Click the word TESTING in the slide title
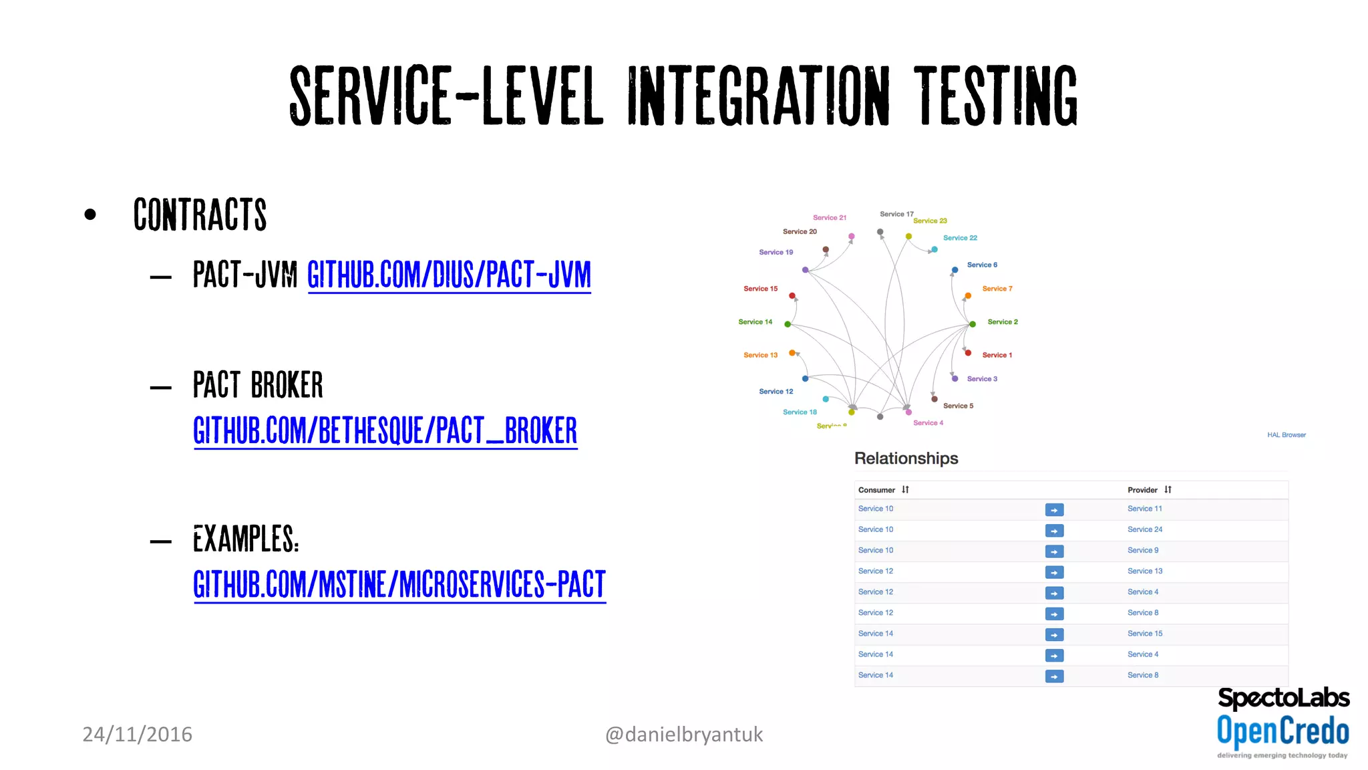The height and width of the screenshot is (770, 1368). click(x=995, y=96)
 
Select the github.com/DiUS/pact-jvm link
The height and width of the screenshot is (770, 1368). click(x=449, y=275)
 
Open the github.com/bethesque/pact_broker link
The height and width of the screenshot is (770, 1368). click(x=385, y=430)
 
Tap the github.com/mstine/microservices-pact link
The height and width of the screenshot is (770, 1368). click(x=399, y=584)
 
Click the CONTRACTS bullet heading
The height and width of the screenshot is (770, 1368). click(x=200, y=215)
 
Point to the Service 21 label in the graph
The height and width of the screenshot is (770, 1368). click(x=829, y=218)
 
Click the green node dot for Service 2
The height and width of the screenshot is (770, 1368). click(x=973, y=324)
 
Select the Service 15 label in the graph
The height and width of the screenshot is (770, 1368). click(x=760, y=289)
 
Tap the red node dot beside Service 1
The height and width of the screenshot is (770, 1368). click(x=968, y=353)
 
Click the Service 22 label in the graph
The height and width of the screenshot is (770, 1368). click(x=960, y=238)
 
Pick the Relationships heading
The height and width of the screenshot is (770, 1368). click(x=906, y=459)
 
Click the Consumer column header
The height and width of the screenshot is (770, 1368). click(x=876, y=490)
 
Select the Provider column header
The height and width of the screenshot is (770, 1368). click(x=1142, y=490)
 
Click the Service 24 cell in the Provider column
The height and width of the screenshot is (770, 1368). click(x=1144, y=529)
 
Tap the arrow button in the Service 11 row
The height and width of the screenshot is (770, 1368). click(x=1054, y=510)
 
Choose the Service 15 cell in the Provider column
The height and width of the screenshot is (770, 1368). click(x=1144, y=634)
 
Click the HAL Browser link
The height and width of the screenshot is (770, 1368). click(x=1286, y=435)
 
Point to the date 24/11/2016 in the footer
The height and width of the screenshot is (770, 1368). click(x=137, y=735)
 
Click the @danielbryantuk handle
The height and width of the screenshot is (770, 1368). click(x=683, y=735)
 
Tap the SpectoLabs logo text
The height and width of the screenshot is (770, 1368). click(x=1283, y=698)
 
